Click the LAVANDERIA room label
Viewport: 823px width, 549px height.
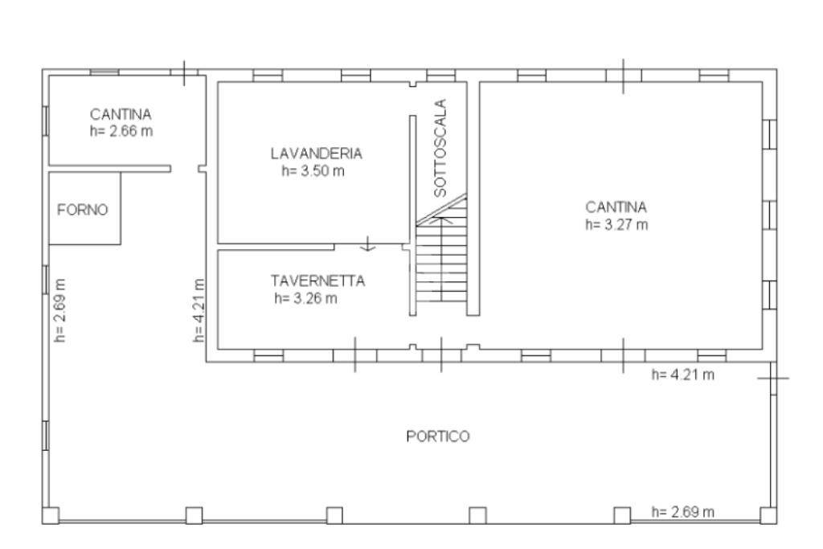pyautogui.click(x=316, y=154)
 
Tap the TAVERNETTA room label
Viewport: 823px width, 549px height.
pyautogui.click(x=317, y=281)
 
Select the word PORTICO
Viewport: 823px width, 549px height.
pyautogui.click(x=437, y=436)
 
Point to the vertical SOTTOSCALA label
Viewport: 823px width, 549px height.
pyautogui.click(x=440, y=149)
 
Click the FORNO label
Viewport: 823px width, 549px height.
pyautogui.click(x=82, y=210)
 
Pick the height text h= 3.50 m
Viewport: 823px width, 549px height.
pyautogui.click(x=313, y=170)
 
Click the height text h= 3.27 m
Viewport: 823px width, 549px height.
pyautogui.click(x=616, y=224)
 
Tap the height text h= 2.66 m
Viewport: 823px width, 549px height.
pyautogui.click(x=121, y=131)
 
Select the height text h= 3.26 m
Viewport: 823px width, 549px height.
pyautogui.click(x=306, y=298)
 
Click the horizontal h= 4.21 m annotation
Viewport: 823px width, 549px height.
pyautogui.click(x=683, y=374)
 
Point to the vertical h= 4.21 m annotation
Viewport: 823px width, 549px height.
pyautogui.click(x=199, y=311)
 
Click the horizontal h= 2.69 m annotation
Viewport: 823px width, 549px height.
pyautogui.click(x=683, y=511)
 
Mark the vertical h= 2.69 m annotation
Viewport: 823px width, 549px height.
pyautogui.click(x=60, y=311)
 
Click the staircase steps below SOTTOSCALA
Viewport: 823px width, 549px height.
pyautogui.click(x=441, y=261)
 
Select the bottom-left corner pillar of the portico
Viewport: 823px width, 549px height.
pyautogui.click(x=51, y=515)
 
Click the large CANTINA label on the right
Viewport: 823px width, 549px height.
pyautogui.click(x=616, y=207)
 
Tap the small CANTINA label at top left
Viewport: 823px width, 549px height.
pyautogui.click(x=121, y=114)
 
